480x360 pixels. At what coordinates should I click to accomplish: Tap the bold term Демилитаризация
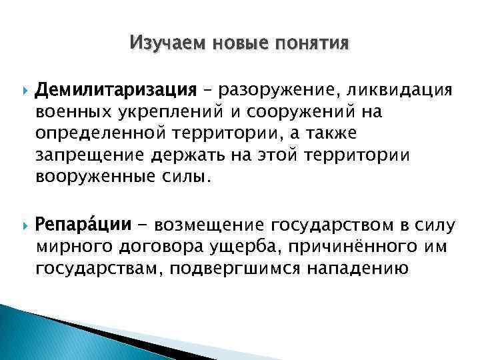pyautogui.click(x=116, y=89)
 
